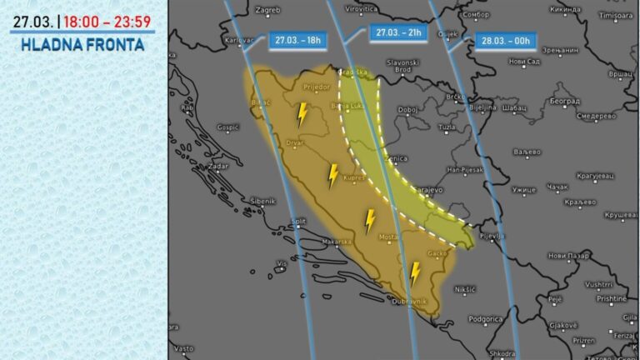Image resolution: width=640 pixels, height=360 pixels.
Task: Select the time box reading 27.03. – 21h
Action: pyautogui.click(x=399, y=32)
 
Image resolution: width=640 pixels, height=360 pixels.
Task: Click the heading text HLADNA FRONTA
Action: pyautogui.click(x=82, y=44)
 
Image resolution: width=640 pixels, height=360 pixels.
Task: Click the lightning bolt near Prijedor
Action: pyautogui.click(x=302, y=114)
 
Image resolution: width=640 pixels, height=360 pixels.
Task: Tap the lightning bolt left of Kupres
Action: pyautogui.click(x=332, y=175)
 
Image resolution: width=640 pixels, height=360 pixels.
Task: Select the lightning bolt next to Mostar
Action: pyautogui.click(x=370, y=220)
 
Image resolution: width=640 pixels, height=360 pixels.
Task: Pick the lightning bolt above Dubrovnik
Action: pyautogui.click(x=415, y=272)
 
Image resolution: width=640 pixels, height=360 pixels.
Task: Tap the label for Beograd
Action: pyautogui.click(x=565, y=101)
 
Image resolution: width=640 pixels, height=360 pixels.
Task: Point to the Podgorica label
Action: pyautogui.click(x=486, y=319)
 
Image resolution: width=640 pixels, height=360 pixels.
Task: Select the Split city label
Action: pyautogui.click(x=298, y=221)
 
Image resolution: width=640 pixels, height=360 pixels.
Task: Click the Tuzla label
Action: pyautogui.click(x=447, y=127)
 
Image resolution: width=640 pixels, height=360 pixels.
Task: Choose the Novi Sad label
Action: pyautogui.click(x=524, y=62)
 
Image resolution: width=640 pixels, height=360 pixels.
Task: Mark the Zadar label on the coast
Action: pyautogui.click(x=219, y=167)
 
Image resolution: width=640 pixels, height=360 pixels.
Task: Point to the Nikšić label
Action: pyautogui.click(x=465, y=289)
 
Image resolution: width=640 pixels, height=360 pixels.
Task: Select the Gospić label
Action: pyautogui.click(x=228, y=127)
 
